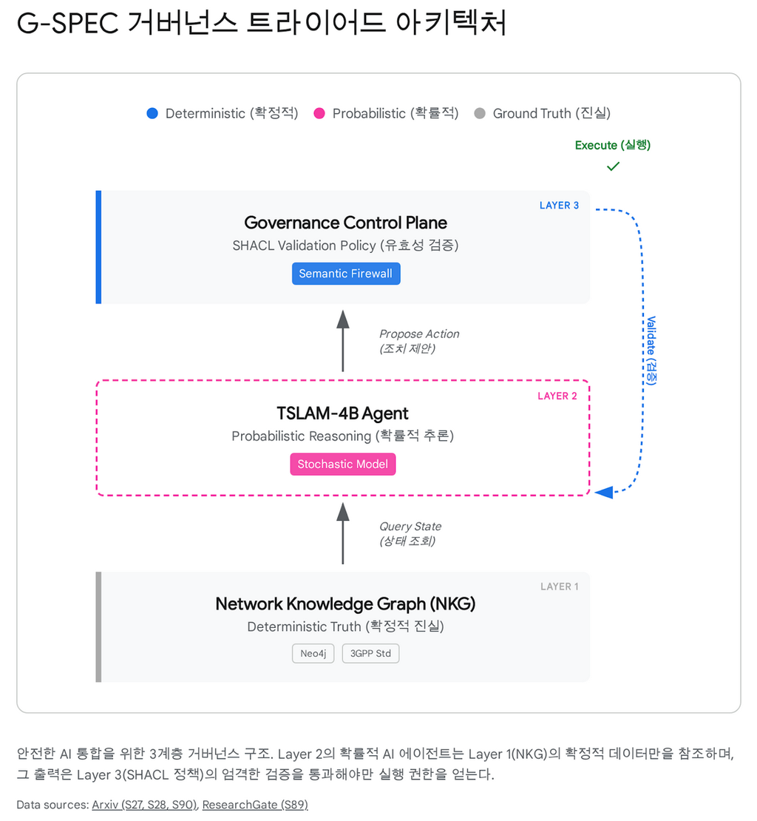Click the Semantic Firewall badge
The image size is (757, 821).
[345, 274]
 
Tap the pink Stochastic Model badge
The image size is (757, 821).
[343, 464]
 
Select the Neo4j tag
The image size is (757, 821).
[313, 654]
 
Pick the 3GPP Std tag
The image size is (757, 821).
[370, 654]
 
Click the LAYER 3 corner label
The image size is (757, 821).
[559, 206]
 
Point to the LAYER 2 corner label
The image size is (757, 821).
[558, 396]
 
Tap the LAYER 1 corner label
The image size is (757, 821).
[560, 587]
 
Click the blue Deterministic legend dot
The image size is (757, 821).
[152, 114]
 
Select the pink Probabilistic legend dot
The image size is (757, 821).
[319, 114]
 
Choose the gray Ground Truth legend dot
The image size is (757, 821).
[480, 114]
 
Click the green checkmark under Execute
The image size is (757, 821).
[613, 167]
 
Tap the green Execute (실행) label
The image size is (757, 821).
[613, 145]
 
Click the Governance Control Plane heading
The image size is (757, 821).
[345, 223]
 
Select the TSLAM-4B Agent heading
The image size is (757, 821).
[342, 413]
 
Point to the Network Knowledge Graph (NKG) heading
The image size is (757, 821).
[345, 604]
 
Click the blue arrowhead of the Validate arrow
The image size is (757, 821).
[604, 492]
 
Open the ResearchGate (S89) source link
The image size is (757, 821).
[255, 805]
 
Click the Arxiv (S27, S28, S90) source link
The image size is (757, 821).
[144, 805]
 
